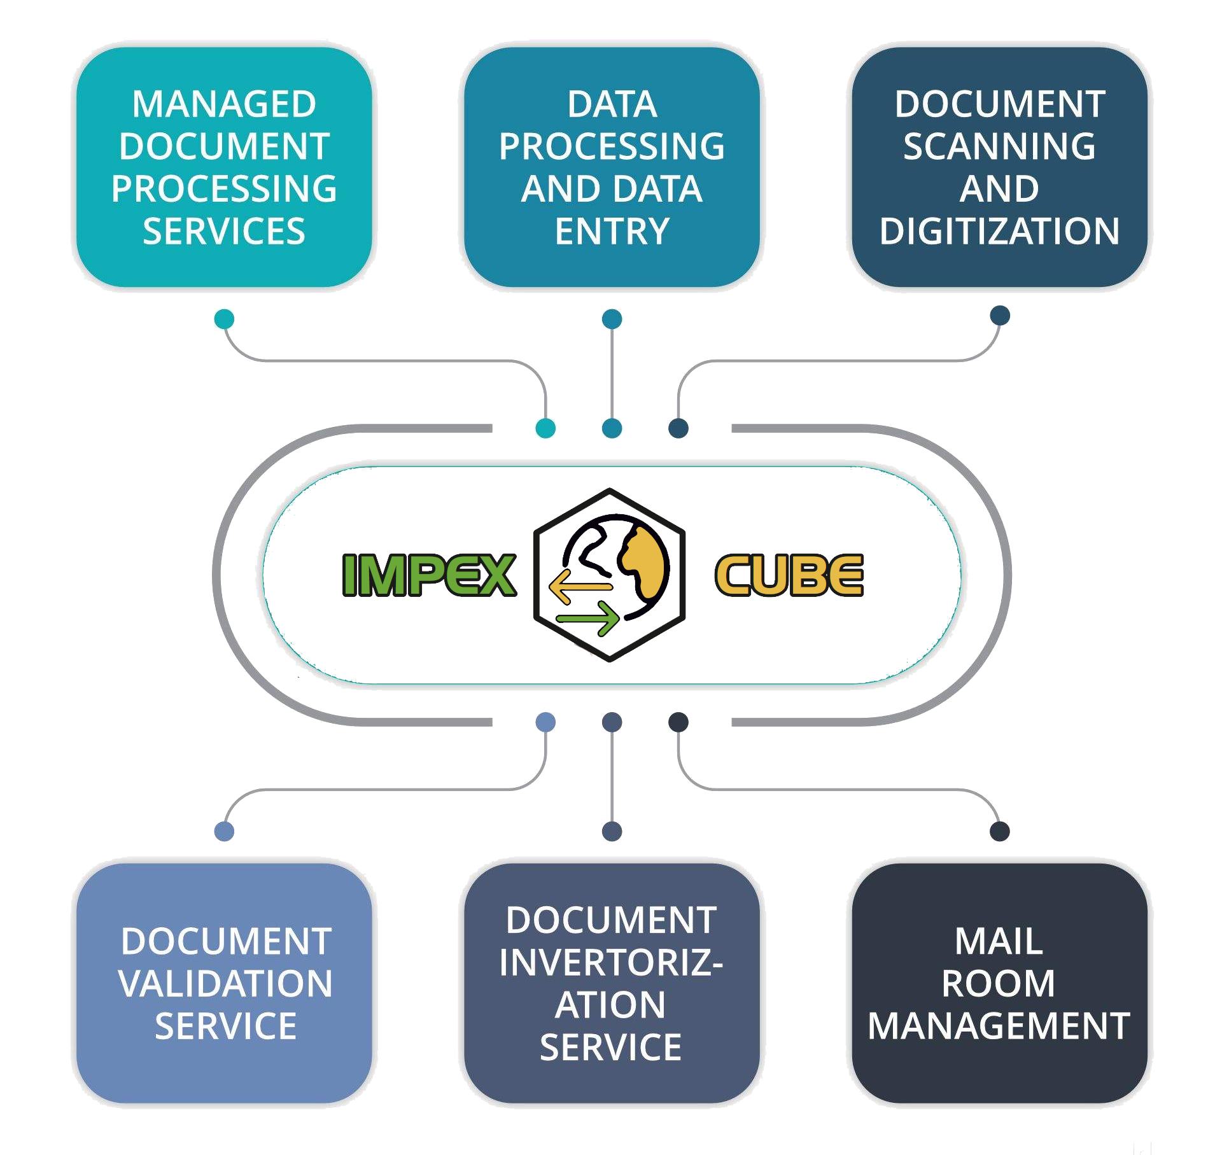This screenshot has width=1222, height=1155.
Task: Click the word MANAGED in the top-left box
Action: click(224, 104)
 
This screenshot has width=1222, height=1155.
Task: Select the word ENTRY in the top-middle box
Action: click(612, 231)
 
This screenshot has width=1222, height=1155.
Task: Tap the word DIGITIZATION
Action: click(999, 231)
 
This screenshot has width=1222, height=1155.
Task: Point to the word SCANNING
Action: click(999, 146)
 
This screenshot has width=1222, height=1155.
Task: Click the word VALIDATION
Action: click(225, 984)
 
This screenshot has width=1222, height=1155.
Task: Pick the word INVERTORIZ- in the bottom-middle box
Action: click(611, 963)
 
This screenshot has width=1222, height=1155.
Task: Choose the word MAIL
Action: click(999, 941)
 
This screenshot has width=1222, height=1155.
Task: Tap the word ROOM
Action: click(999, 984)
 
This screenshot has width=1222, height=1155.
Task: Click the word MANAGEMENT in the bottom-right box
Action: click(999, 1026)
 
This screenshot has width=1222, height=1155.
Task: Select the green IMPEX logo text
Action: click(429, 575)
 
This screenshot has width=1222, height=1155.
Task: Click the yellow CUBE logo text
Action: click(789, 575)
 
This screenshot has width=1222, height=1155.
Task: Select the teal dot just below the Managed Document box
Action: click(224, 319)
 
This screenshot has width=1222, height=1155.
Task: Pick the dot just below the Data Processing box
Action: click(612, 319)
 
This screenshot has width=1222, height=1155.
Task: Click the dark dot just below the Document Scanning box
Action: click(1001, 315)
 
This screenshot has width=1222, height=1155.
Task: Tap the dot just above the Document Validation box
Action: click(224, 831)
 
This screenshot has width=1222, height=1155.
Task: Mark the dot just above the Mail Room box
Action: click(1000, 831)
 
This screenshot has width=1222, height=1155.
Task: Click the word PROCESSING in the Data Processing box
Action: click(612, 146)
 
